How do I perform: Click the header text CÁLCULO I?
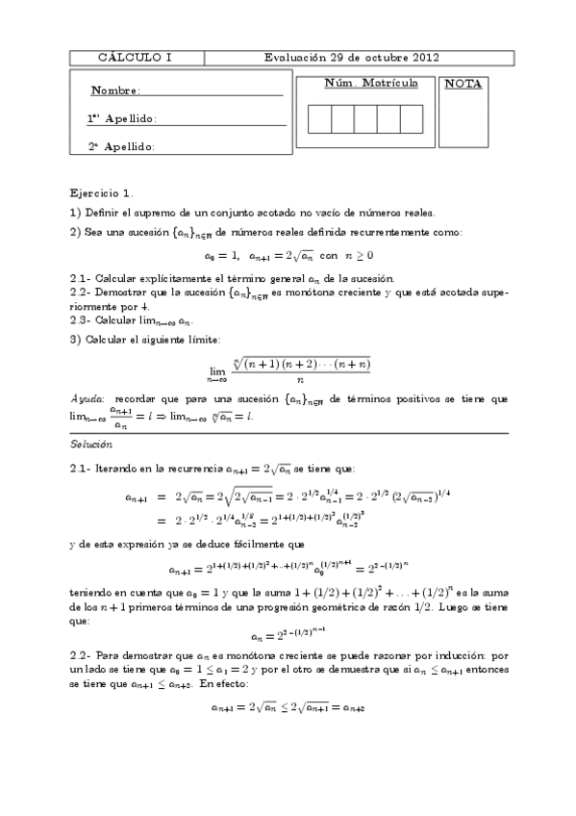tap(136, 58)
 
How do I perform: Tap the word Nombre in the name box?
tap(114, 91)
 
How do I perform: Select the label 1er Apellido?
tap(121, 119)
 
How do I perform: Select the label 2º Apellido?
tap(121, 147)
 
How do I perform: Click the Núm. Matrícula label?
tap(371, 84)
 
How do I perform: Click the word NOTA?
tap(463, 85)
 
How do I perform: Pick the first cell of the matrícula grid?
tap(319, 118)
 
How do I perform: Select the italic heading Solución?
tap(91, 445)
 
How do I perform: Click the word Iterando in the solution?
tap(118, 469)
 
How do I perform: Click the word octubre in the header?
tap(379, 58)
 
